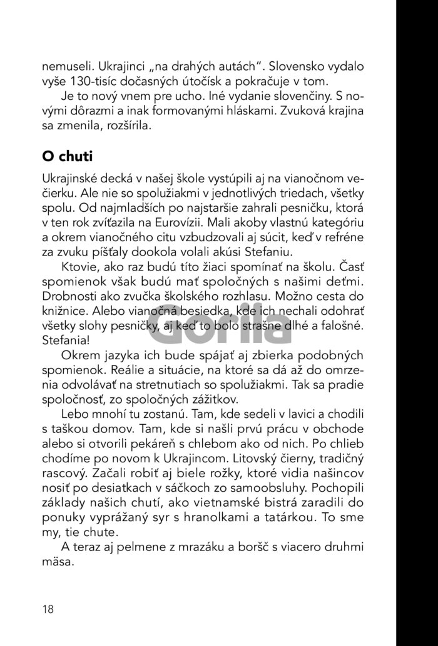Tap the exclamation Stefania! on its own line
tap(64, 342)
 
